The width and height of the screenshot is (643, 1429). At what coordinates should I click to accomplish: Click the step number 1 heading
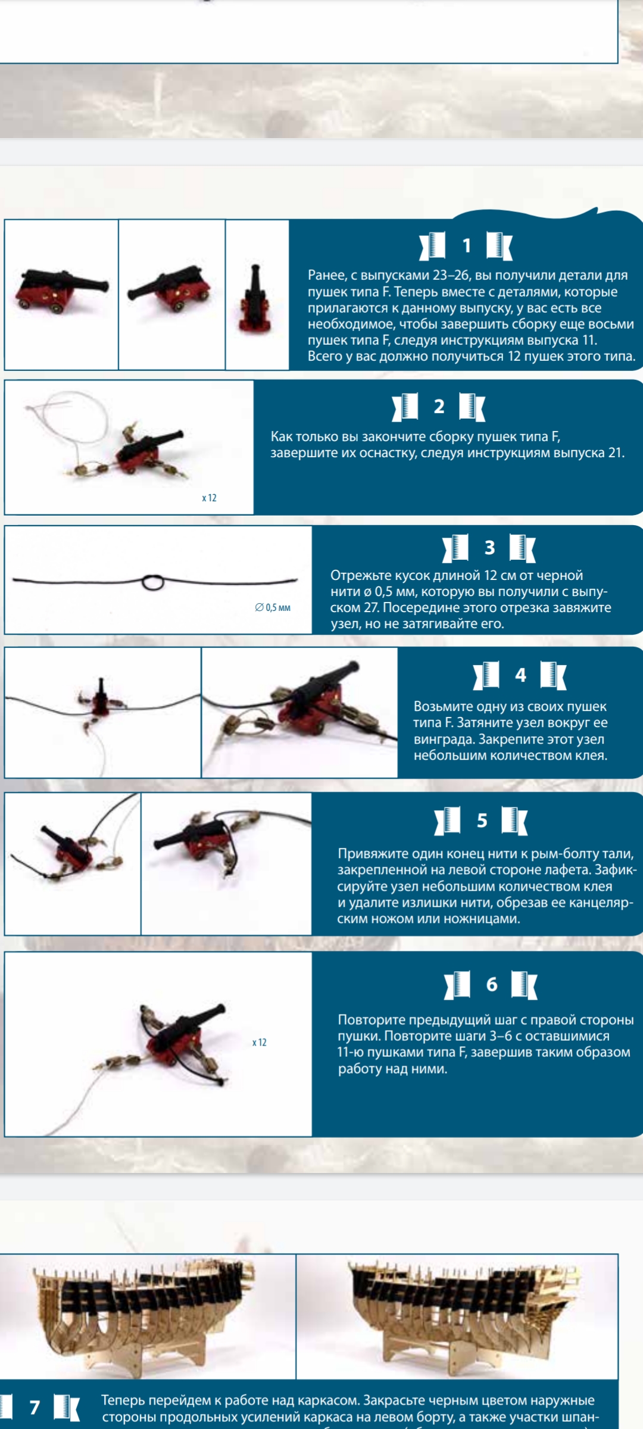467,245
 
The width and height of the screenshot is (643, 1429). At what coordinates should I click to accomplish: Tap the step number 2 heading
439,406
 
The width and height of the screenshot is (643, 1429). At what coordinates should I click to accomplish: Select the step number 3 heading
489,547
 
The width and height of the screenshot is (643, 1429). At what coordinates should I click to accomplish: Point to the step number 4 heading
520,675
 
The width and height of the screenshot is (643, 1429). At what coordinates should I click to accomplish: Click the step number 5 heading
482,820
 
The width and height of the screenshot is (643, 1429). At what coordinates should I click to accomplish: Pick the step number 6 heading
492,984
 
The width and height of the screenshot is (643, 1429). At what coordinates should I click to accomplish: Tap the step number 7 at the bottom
35,1407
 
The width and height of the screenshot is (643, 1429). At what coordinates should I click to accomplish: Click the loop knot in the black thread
153,582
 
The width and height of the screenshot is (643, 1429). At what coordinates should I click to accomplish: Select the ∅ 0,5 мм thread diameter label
273,607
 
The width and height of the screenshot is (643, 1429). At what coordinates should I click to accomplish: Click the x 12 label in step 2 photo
209,498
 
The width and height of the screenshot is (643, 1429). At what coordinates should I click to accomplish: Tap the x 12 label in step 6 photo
259,1042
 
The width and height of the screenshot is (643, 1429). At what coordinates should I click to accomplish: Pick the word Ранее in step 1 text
327,276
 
